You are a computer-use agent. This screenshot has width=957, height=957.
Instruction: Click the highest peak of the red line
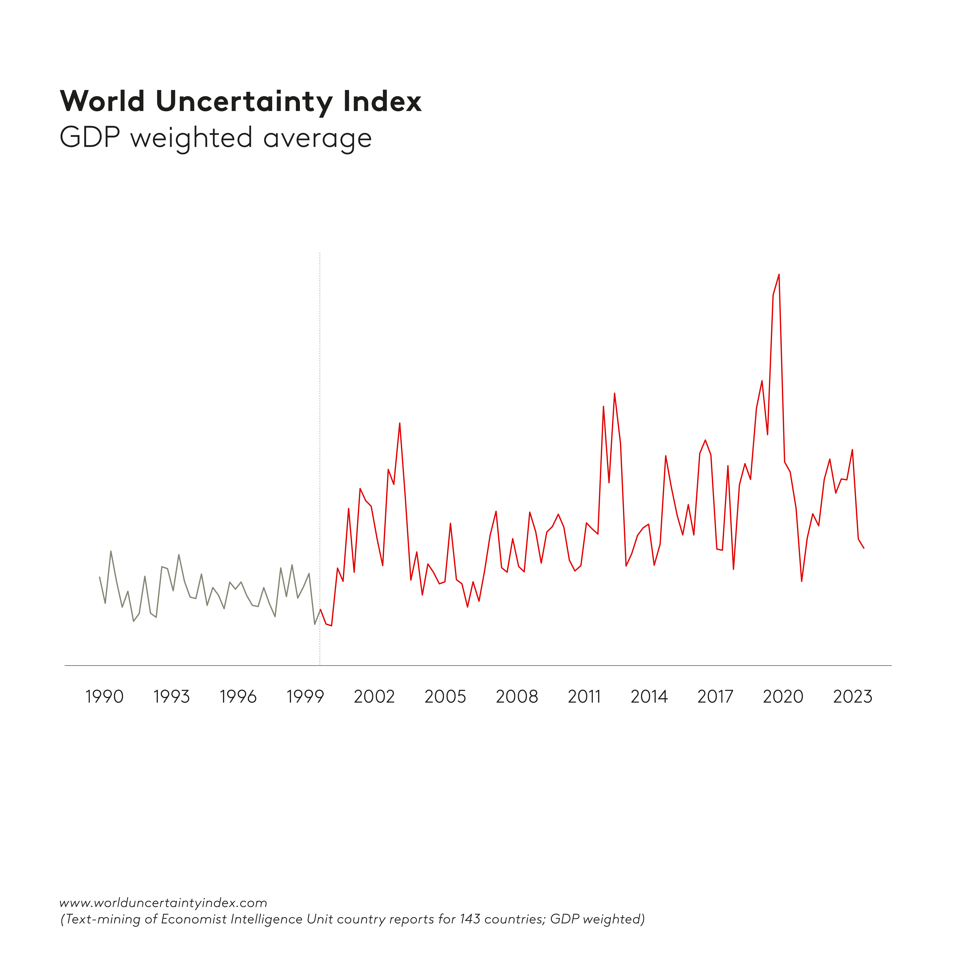(779, 274)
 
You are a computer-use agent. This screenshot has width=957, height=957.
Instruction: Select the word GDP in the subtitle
(90, 138)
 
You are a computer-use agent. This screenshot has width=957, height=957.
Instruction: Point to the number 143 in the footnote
(470, 919)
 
